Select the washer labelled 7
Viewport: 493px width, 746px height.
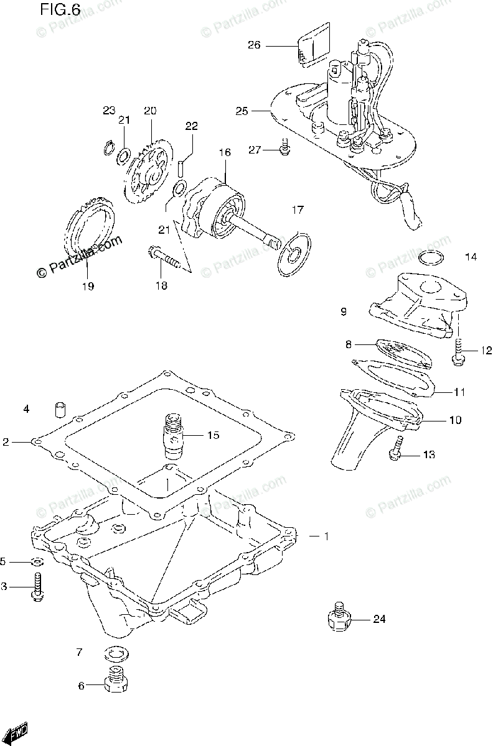(115, 653)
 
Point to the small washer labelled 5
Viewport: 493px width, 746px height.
(37, 562)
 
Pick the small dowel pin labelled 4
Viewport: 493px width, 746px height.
(60, 410)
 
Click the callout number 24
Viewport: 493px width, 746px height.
(380, 619)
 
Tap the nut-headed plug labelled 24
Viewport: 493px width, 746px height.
(340, 616)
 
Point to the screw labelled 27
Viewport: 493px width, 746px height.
(284, 149)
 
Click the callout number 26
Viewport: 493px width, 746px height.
(254, 45)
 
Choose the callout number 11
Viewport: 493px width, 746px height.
(459, 392)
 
